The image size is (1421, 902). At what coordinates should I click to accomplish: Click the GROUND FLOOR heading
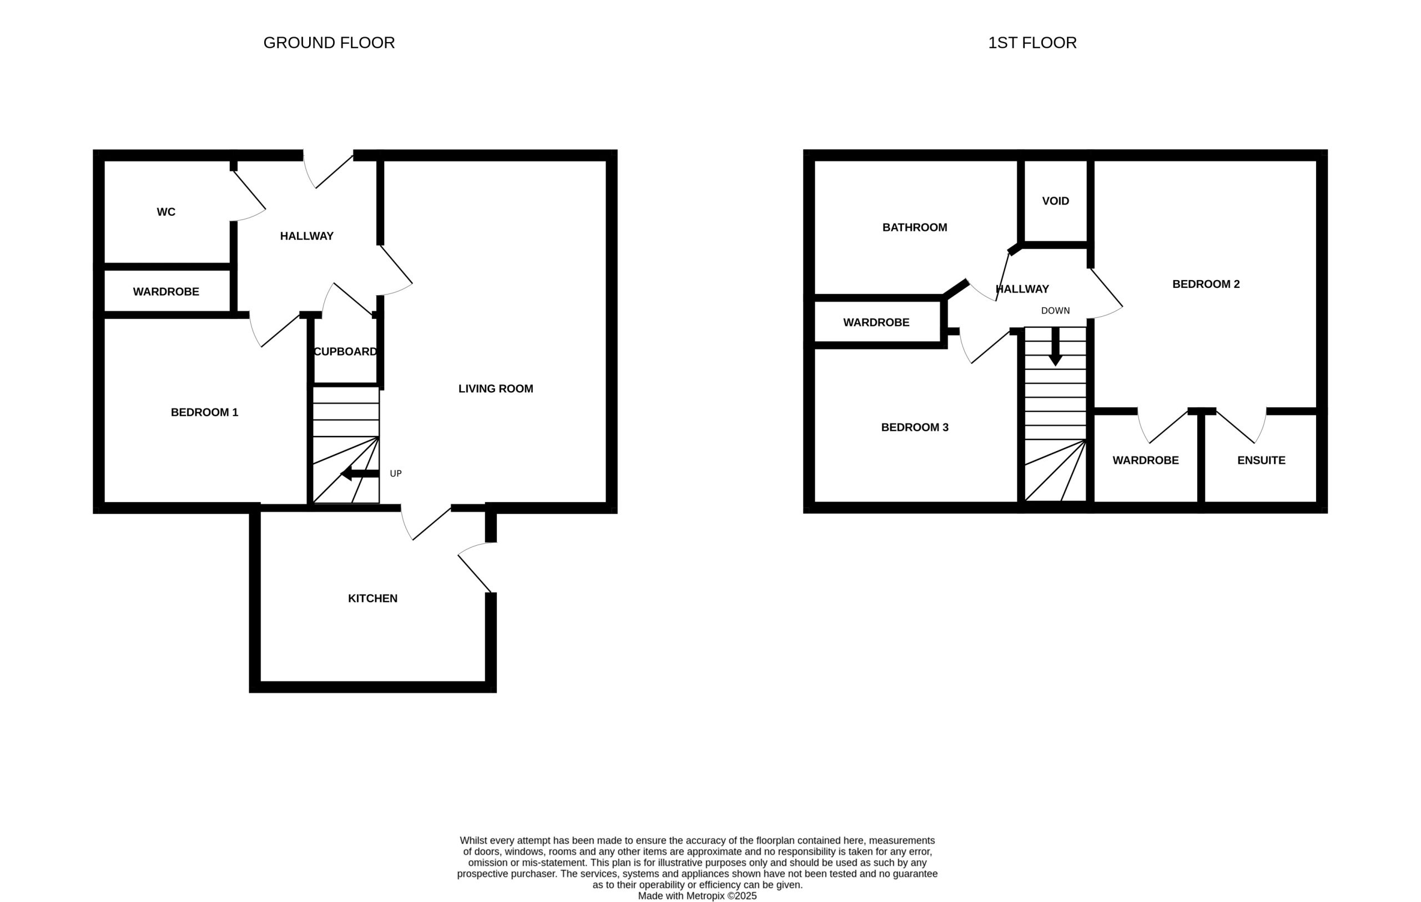click(329, 43)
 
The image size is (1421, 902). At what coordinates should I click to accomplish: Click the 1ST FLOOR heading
click(1032, 43)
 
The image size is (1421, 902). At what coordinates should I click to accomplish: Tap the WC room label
click(166, 212)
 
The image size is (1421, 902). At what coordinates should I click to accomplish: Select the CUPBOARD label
click(345, 352)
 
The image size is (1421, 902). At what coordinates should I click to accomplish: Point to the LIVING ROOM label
click(496, 389)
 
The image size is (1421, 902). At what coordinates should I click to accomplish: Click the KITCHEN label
click(372, 598)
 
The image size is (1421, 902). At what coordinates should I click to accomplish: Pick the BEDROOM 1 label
click(204, 412)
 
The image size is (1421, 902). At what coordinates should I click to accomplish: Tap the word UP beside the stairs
click(395, 474)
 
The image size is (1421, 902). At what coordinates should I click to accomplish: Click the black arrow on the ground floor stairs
click(360, 473)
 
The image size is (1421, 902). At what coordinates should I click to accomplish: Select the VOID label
click(1055, 201)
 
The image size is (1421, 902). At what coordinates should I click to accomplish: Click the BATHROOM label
click(914, 227)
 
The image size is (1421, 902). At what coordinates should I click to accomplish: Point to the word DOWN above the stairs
click(1055, 311)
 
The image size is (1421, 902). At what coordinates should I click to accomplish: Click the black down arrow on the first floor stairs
click(1055, 346)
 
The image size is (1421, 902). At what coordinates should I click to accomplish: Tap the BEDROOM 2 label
click(1206, 285)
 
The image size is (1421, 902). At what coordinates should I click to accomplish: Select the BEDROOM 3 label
click(915, 428)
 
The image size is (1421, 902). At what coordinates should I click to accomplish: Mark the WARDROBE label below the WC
click(166, 292)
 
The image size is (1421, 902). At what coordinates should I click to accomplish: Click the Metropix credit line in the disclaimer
click(697, 895)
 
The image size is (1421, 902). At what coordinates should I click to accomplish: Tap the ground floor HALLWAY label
click(306, 236)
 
